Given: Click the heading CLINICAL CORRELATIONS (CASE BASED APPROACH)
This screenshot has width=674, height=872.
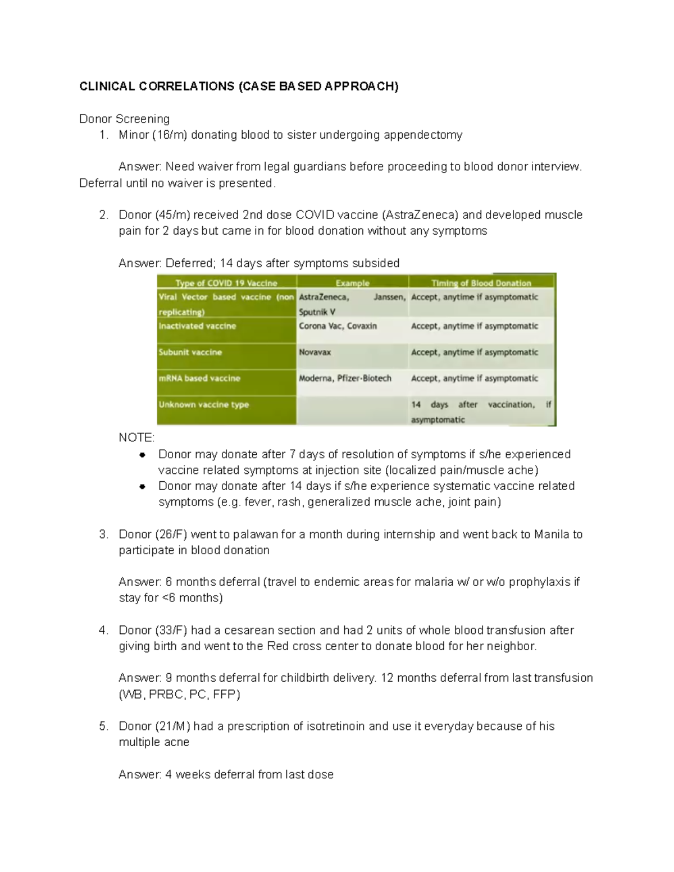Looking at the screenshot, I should coord(239,86).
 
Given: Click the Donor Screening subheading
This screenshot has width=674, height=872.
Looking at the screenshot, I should coord(124,119).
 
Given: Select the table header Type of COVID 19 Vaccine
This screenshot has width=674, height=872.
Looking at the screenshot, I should coord(226,283).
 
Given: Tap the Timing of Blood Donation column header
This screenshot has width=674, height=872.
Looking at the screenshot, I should coord(481,283).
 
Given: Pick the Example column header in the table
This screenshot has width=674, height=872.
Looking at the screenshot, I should coord(352,283).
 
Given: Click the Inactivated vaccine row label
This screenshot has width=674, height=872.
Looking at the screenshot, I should coord(197,326).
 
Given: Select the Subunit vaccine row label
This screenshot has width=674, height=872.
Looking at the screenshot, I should coord(190,353).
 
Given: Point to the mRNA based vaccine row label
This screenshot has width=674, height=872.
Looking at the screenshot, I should coord(199,378).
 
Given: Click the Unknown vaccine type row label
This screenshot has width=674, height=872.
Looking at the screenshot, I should coord(203,405).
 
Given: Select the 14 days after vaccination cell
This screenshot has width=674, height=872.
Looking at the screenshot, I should coord(481,412).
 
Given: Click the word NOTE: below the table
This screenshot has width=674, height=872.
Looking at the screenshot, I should coord(136,437).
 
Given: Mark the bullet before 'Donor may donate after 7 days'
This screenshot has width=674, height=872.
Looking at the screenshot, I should coord(143,454).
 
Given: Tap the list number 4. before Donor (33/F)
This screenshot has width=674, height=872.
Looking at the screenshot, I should coord(103,631).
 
